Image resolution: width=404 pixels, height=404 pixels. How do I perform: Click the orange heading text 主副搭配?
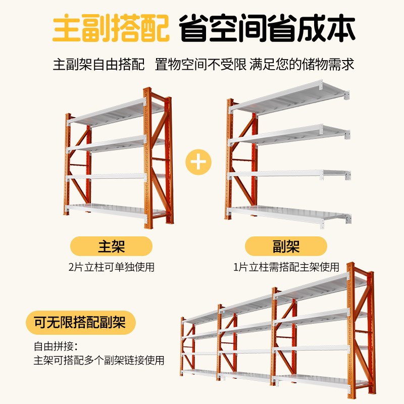[111, 30]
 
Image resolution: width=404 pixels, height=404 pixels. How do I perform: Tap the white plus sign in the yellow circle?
[198, 162]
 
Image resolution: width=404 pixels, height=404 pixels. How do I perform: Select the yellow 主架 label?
[111, 246]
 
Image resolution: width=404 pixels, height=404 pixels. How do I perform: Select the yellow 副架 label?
[286, 246]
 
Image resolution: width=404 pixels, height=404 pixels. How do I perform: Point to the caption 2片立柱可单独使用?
[111, 267]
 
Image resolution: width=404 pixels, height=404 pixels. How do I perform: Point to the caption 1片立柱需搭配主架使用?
[286, 267]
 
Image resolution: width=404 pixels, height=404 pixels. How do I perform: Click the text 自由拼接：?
[56, 347]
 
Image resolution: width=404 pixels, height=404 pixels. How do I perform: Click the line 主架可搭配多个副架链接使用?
[99, 361]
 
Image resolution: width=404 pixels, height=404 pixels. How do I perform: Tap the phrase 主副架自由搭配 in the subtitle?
[99, 65]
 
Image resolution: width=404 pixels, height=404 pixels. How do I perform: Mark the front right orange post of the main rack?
[147, 162]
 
